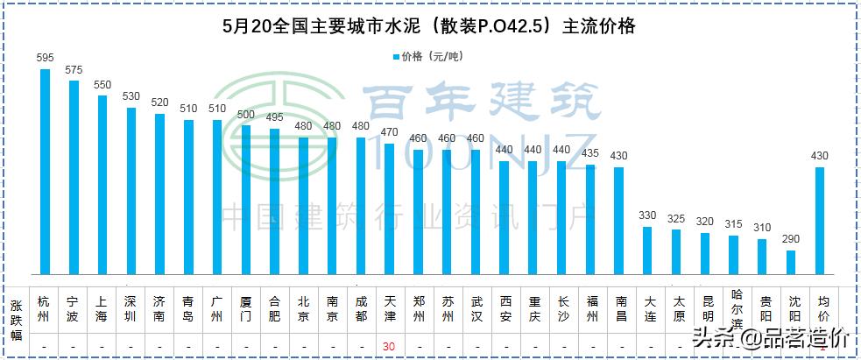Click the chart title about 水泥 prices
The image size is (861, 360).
(429, 27)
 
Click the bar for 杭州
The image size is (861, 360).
(45, 172)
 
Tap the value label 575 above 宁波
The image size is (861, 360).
(74, 69)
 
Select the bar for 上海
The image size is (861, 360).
(102, 185)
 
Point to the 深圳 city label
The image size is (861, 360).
(131, 308)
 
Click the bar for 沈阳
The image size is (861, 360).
(791, 263)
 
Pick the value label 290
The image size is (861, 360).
(791, 239)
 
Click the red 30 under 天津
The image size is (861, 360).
(389, 347)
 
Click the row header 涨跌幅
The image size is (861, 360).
(16, 321)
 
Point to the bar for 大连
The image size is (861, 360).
(647, 251)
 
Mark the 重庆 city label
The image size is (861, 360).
(533, 308)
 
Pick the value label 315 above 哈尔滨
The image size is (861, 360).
(734, 224)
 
